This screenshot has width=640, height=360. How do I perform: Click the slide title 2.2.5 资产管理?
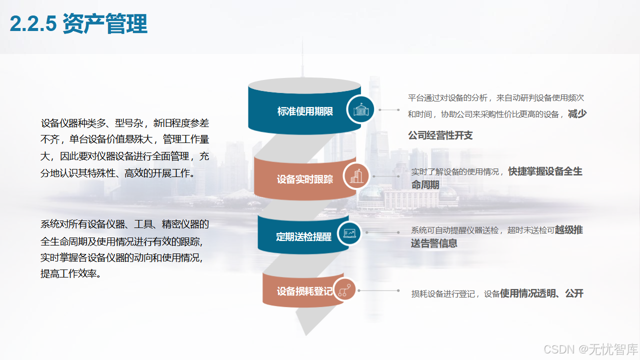click(x=78, y=23)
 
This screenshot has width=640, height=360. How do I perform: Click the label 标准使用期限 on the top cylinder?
click(x=305, y=111)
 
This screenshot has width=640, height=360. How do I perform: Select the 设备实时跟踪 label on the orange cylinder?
click(x=305, y=179)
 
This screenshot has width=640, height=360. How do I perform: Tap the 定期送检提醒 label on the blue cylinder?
click(x=303, y=236)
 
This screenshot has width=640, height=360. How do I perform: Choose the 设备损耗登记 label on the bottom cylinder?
click(x=304, y=291)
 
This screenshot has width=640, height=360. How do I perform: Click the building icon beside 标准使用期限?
click(x=361, y=109)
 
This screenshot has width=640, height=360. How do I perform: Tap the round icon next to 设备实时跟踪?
click(x=356, y=176)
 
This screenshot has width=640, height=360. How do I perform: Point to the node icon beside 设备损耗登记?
click(x=343, y=289)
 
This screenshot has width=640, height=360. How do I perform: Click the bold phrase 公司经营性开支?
click(x=440, y=135)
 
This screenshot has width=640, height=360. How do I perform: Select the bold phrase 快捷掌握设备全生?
click(x=545, y=171)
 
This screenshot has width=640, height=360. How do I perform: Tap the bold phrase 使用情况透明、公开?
click(x=541, y=293)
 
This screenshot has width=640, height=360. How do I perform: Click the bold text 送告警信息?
click(x=434, y=243)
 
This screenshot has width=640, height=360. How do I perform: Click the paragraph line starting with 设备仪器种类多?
click(x=125, y=123)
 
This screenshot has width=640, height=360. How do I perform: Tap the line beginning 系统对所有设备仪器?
click(x=125, y=224)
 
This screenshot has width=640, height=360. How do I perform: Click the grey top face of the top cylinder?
click(x=304, y=84)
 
